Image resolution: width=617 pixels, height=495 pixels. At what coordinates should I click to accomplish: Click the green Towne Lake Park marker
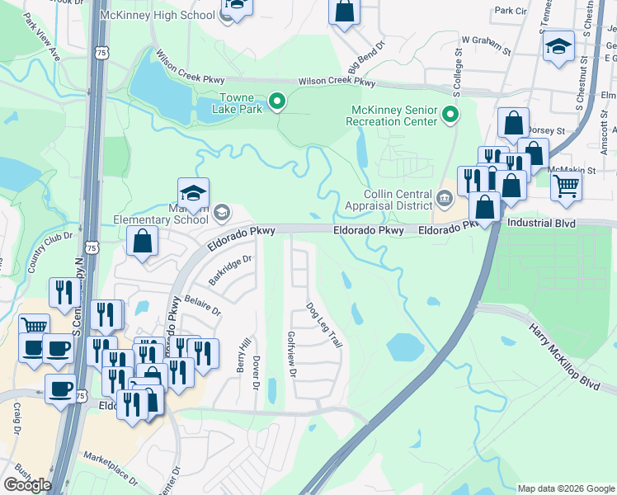tap(278, 101)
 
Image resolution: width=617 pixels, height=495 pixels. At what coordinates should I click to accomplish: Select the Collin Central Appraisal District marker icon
tap(444, 197)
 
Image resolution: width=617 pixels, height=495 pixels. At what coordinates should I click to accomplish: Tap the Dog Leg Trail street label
tap(323, 324)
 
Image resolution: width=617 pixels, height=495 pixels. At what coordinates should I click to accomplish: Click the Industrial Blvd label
tap(539, 224)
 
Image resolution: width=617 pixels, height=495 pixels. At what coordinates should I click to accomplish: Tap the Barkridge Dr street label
tap(229, 270)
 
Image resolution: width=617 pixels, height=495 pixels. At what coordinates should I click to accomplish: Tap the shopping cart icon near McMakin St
tap(566, 186)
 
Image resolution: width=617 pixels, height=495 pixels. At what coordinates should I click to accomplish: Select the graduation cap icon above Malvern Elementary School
tap(193, 193)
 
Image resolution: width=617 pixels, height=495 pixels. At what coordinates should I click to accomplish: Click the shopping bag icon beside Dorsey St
tap(513, 124)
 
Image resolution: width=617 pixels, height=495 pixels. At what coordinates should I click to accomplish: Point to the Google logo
tap(27, 485)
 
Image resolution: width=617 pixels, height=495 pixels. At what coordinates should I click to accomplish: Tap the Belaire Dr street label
tap(202, 305)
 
